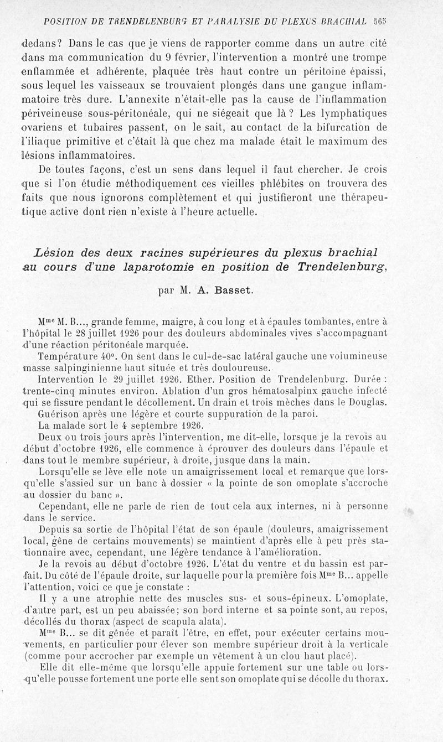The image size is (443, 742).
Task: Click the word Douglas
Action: click(x=366, y=403)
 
